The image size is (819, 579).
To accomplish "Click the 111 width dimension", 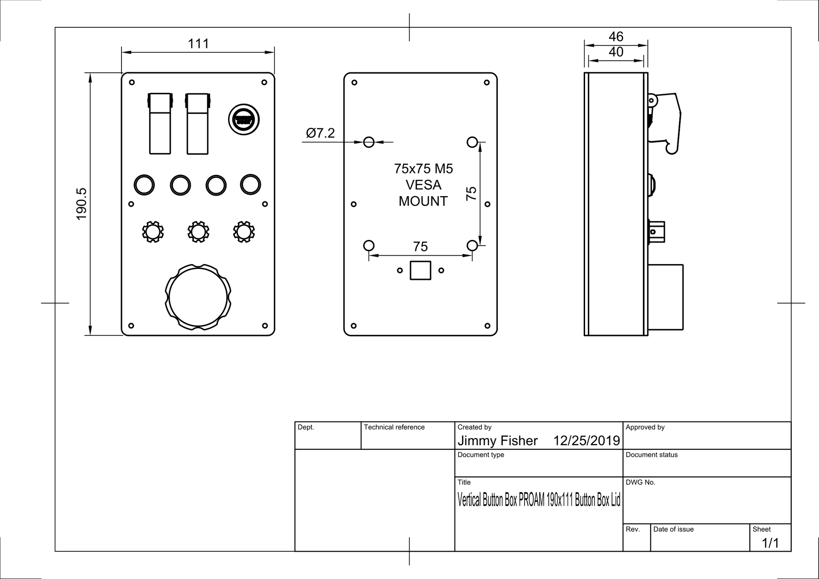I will click(x=198, y=44).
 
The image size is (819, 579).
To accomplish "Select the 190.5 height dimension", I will click(x=81, y=204).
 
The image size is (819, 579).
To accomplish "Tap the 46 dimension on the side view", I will click(x=616, y=36).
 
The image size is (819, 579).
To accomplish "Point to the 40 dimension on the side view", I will click(x=616, y=52).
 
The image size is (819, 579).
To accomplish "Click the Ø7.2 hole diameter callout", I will click(x=320, y=133).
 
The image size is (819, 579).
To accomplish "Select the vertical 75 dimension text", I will click(x=471, y=193).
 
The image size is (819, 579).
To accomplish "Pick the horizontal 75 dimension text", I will click(x=420, y=247).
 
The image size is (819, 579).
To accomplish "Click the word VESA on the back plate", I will click(x=423, y=185).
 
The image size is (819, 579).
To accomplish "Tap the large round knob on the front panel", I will click(x=198, y=297).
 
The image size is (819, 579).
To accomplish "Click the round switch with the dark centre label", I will click(x=244, y=120).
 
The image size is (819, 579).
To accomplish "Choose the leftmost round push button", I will click(x=144, y=185).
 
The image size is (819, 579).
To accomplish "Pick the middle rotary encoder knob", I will click(x=198, y=232).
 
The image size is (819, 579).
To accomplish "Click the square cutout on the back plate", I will click(x=420, y=270).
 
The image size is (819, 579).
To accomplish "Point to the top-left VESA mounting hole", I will click(x=369, y=142).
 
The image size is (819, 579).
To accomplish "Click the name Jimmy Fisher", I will click(x=497, y=441).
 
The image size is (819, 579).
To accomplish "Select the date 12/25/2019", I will click(x=586, y=441).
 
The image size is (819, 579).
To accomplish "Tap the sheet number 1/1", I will click(x=770, y=543).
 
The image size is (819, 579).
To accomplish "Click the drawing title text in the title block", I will click(x=538, y=500).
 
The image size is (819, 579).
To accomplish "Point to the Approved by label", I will click(x=645, y=427).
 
